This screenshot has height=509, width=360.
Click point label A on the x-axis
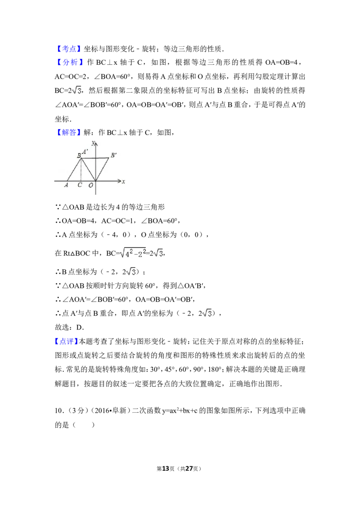pos(66,185)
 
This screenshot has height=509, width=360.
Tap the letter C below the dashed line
pos(80,185)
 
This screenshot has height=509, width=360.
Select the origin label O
pos(90,185)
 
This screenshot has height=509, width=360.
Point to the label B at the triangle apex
pos(79,156)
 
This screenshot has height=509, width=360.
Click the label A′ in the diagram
pos(85,152)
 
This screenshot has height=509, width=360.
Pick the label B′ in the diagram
pos(113,155)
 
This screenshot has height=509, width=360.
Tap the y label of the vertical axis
pos(92,143)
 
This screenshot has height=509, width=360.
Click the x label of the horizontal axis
pos(123,182)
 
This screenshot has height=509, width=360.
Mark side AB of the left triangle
pos(74,170)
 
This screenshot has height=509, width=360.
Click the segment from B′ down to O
pos(103,169)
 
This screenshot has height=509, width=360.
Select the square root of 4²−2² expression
pos(133,252)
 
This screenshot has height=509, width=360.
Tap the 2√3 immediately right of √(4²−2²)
pos(158,254)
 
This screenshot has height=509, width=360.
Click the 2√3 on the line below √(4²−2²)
pos(130,272)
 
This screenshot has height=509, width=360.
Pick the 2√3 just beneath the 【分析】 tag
pos(76,90)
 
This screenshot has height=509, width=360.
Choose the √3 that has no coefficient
pos(207,313)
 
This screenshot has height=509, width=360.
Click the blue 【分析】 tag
pos(70,63)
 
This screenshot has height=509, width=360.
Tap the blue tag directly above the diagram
pos(70,132)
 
